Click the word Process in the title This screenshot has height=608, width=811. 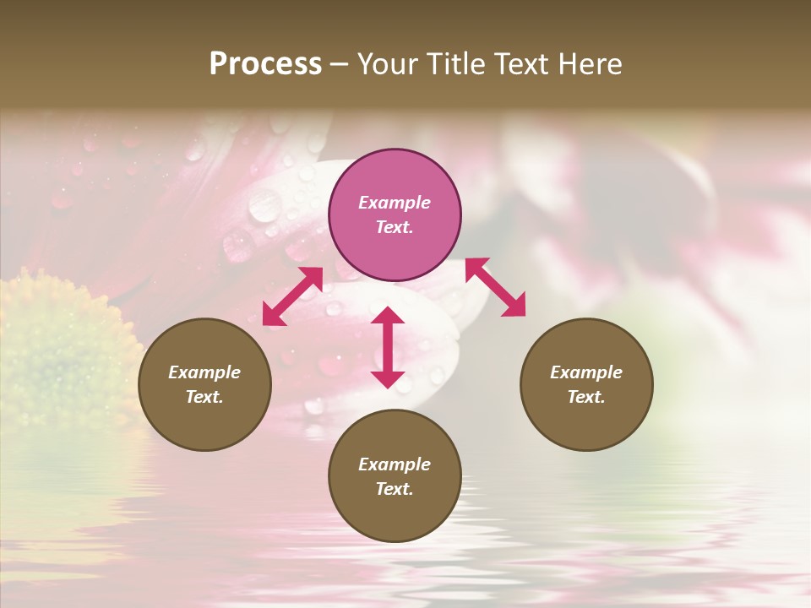265,64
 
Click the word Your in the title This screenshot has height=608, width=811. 387,64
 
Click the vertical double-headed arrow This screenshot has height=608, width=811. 388,347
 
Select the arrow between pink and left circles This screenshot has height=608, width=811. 292,296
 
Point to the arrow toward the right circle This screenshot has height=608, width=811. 495,287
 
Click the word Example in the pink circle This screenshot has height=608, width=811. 395,203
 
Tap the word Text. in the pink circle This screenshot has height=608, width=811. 395,227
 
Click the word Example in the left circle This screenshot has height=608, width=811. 204,372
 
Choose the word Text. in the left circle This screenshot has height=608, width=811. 204,397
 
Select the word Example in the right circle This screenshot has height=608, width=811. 586,372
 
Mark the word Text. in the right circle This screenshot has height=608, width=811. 586,397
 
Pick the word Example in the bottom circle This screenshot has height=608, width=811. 395,464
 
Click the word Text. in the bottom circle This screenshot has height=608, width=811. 395,489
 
